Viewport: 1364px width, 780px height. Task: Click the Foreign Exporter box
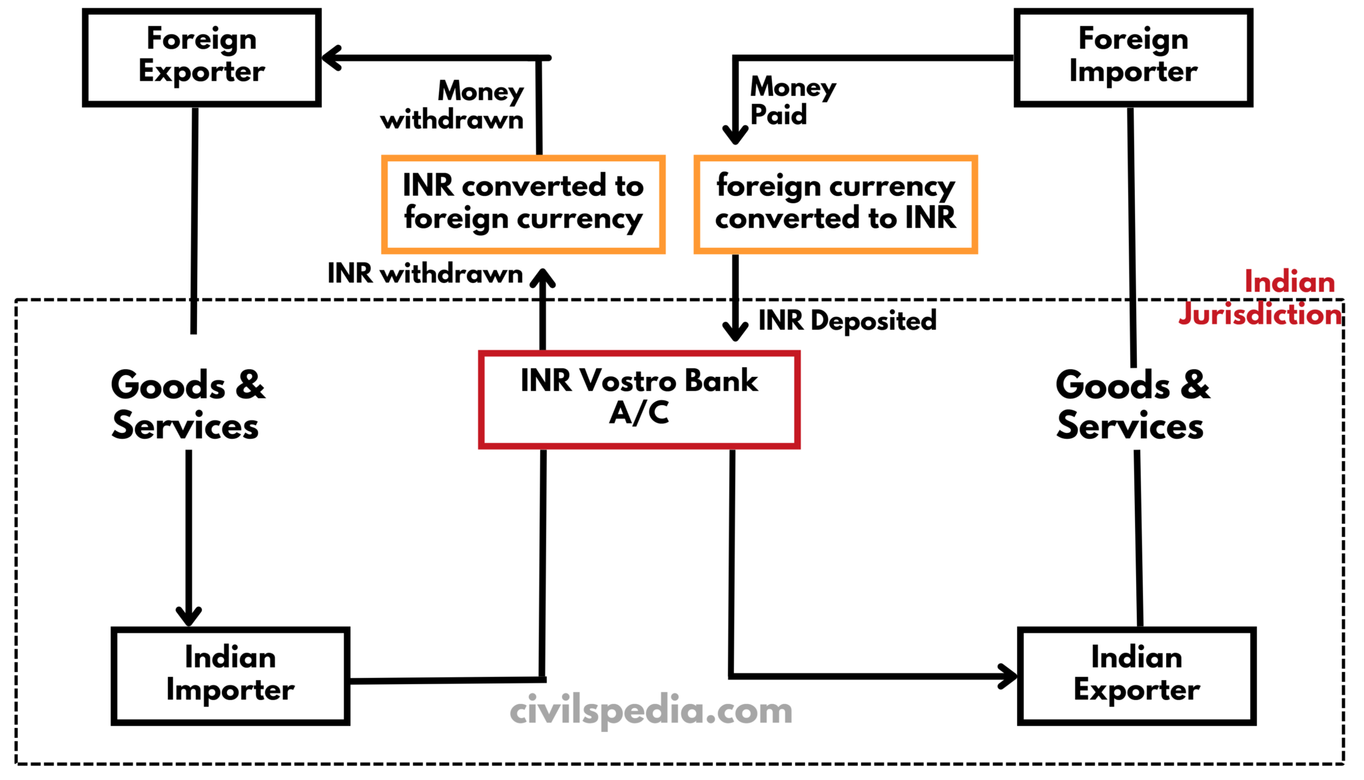(202, 57)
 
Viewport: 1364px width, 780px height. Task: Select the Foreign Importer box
(1133, 57)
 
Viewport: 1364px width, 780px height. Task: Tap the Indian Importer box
(230, 675)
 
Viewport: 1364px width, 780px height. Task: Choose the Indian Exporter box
(1136, 675)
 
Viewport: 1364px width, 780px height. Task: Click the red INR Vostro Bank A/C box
(639, 398)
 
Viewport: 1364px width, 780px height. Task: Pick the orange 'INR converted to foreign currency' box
(523, 203)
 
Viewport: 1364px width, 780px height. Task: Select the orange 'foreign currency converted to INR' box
(835, 203)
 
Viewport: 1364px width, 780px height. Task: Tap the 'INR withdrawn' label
(425, 274)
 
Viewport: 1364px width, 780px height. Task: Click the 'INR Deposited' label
(847, 321)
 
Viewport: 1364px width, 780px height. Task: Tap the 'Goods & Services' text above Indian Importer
(187, 405)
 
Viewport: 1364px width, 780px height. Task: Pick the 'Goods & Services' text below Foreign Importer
(1132, 405)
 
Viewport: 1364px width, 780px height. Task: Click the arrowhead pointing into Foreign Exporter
(331, 58)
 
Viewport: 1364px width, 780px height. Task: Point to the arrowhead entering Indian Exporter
(1008, 676)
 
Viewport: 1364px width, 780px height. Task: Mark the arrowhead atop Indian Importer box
(188, 616)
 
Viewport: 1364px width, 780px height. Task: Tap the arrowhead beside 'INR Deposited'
(735, 331)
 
